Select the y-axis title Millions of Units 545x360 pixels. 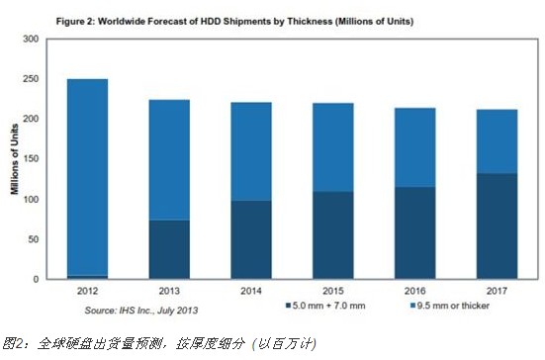(x=15, y=158)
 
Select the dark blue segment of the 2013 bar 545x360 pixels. (x=168, y=249)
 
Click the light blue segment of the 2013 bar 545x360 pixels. (x=168, y=159)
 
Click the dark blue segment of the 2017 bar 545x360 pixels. (x=498, y=225)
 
